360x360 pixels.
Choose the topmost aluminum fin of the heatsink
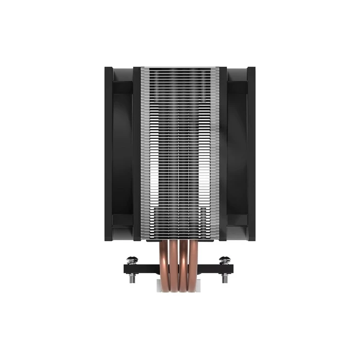click(180, 68)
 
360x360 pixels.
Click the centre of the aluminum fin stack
click(180, 154)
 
